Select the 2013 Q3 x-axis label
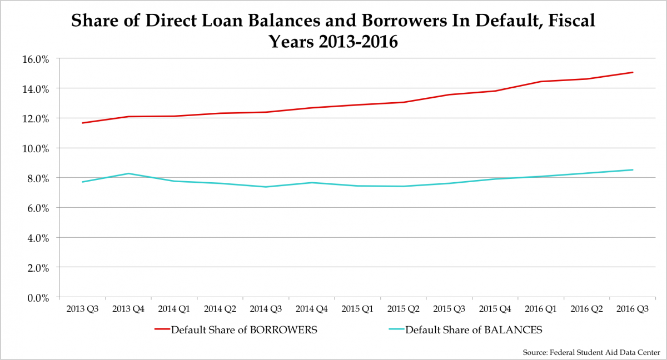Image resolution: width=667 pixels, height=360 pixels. pyautogui.click(x=82, y=308)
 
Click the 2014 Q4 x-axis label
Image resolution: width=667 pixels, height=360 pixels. pyautogui.click(x=312, y=308)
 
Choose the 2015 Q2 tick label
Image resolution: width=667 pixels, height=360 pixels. pyautogui.click(x=404, y=308)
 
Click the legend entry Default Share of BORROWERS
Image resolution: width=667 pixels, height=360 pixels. pyautogui.click(x=244, y=329)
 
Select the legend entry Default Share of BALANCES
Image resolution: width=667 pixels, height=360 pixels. pyautogui.click(x=474, y=329)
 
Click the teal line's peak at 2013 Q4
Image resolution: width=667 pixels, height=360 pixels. pyautogui.click(x=128, y=173)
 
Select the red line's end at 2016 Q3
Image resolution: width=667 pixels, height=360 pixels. pyautogui.click(x=633, y=72)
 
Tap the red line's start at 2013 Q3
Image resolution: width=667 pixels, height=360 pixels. pyautogui.click(x=82, y=123)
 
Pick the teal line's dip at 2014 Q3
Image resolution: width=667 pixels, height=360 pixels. pyautogui.click(x=266, y=187)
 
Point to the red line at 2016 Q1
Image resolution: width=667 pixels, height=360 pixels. pyautogui.click(x=541, y=82)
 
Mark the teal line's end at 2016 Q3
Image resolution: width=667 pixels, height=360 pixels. pyautogui.click(x=633, y=170)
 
